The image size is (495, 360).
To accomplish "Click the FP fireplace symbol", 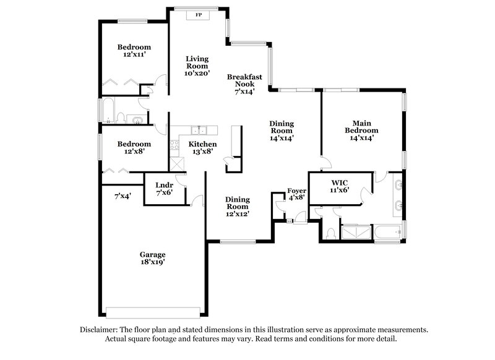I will (199, 14).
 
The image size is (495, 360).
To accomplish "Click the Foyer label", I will (297, 191).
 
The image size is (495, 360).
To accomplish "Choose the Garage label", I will (152, 254).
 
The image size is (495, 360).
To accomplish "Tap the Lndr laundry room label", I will (164, 184).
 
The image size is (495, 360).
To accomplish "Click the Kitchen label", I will (202, 144).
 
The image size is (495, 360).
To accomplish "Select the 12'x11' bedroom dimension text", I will (134, 55).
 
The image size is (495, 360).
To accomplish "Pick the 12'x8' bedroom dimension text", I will (134, 152).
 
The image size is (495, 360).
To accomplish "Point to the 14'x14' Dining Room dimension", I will (281, 139).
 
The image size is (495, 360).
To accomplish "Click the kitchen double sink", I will (199, 131).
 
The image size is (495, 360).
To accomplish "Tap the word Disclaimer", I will (101, 330).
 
